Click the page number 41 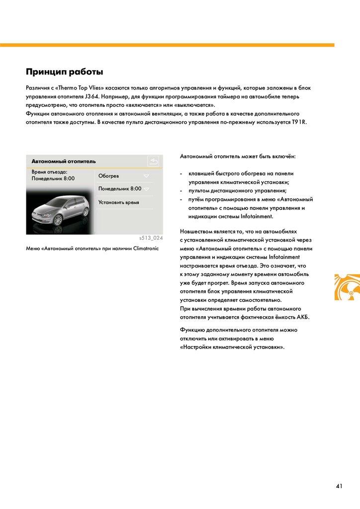tap(339, 486)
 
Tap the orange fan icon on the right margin tap(347, 287)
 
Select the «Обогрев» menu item tap(108, 176)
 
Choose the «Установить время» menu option tap(118, 202)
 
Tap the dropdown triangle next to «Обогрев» tap(146, 176)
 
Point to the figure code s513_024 tap(151, 238)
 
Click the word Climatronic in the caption tap(146, 248)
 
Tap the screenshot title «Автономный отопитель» tap(64, 162)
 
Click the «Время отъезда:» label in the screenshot tap(49, 171)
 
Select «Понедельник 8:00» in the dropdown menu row tap(120, 189)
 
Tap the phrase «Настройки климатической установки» tap(232, 347)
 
